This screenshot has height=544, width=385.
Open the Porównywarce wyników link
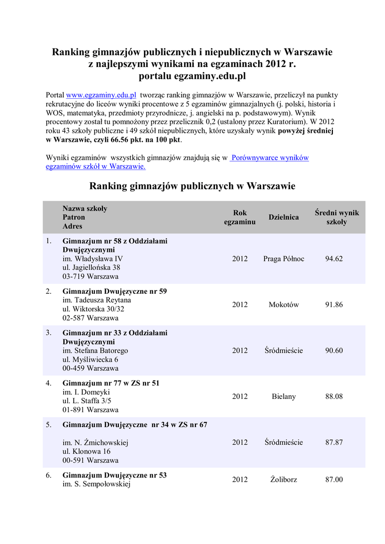click(x=270, y=158)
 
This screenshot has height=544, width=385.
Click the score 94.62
click(x=334, y=259)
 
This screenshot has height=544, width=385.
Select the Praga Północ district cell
click(x=284, y=259)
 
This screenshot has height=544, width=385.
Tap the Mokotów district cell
click(x=284, y=305)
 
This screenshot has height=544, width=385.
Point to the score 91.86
click(x=334, y=305)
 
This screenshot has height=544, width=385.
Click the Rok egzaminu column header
click(x=239, y=217)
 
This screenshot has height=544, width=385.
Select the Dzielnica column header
click(x=284, y=217)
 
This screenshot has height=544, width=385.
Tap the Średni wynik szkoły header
click(x=337, y=217)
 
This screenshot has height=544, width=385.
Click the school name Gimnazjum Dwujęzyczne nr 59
click(x=115, y=292)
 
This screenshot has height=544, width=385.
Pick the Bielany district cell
click(x=284, y=396)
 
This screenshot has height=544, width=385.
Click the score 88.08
click(x=334, y=396)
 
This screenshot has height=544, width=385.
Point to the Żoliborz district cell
click(x=284, y=480)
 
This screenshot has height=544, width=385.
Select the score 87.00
click(x=334, y=480)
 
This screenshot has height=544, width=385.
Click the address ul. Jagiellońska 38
click(x=91, y=268)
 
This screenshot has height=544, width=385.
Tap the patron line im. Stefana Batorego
click(x=95, y=351)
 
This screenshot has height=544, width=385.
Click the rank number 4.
click(x=48, y=383)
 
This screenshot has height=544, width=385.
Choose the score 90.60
click(x=334, y=351)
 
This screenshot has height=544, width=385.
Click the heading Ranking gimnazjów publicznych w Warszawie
click(x=192, y=186)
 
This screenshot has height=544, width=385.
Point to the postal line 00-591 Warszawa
click(x=90, y=460)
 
